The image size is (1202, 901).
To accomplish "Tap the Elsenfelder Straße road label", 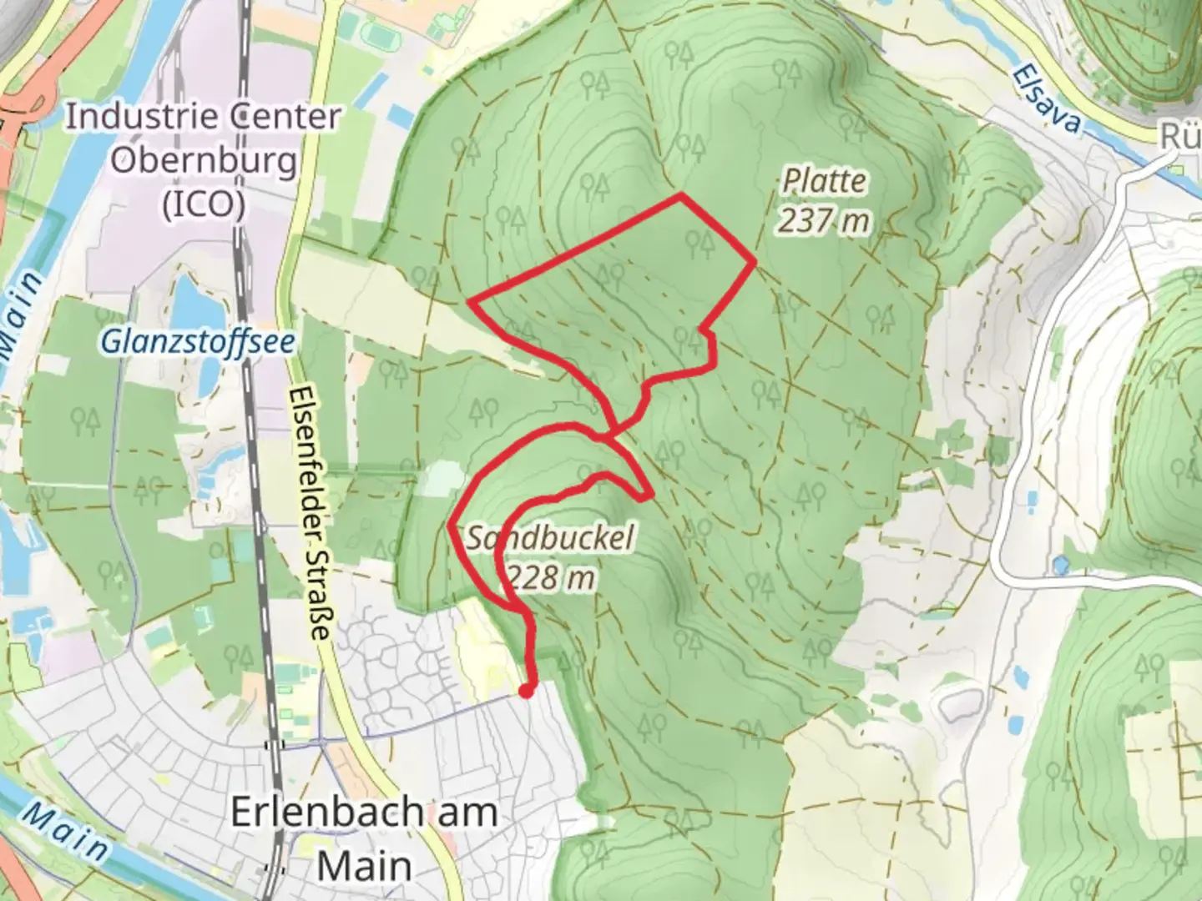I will tap(308, 513).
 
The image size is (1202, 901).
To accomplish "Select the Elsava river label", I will tap(1048, 98).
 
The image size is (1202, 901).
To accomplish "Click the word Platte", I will tap(824, 182).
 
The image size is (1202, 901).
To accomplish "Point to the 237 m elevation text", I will tap(824, 221).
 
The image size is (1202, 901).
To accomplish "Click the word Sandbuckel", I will tap(550, 538).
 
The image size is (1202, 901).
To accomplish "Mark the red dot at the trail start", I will tap(526, 690).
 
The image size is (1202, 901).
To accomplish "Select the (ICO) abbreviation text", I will tap(204, 204).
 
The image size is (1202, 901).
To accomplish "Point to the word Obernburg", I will tap(204, 160).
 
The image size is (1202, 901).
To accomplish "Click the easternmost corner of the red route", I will tap(755, 262).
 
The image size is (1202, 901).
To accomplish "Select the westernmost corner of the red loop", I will tap(470, 299).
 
